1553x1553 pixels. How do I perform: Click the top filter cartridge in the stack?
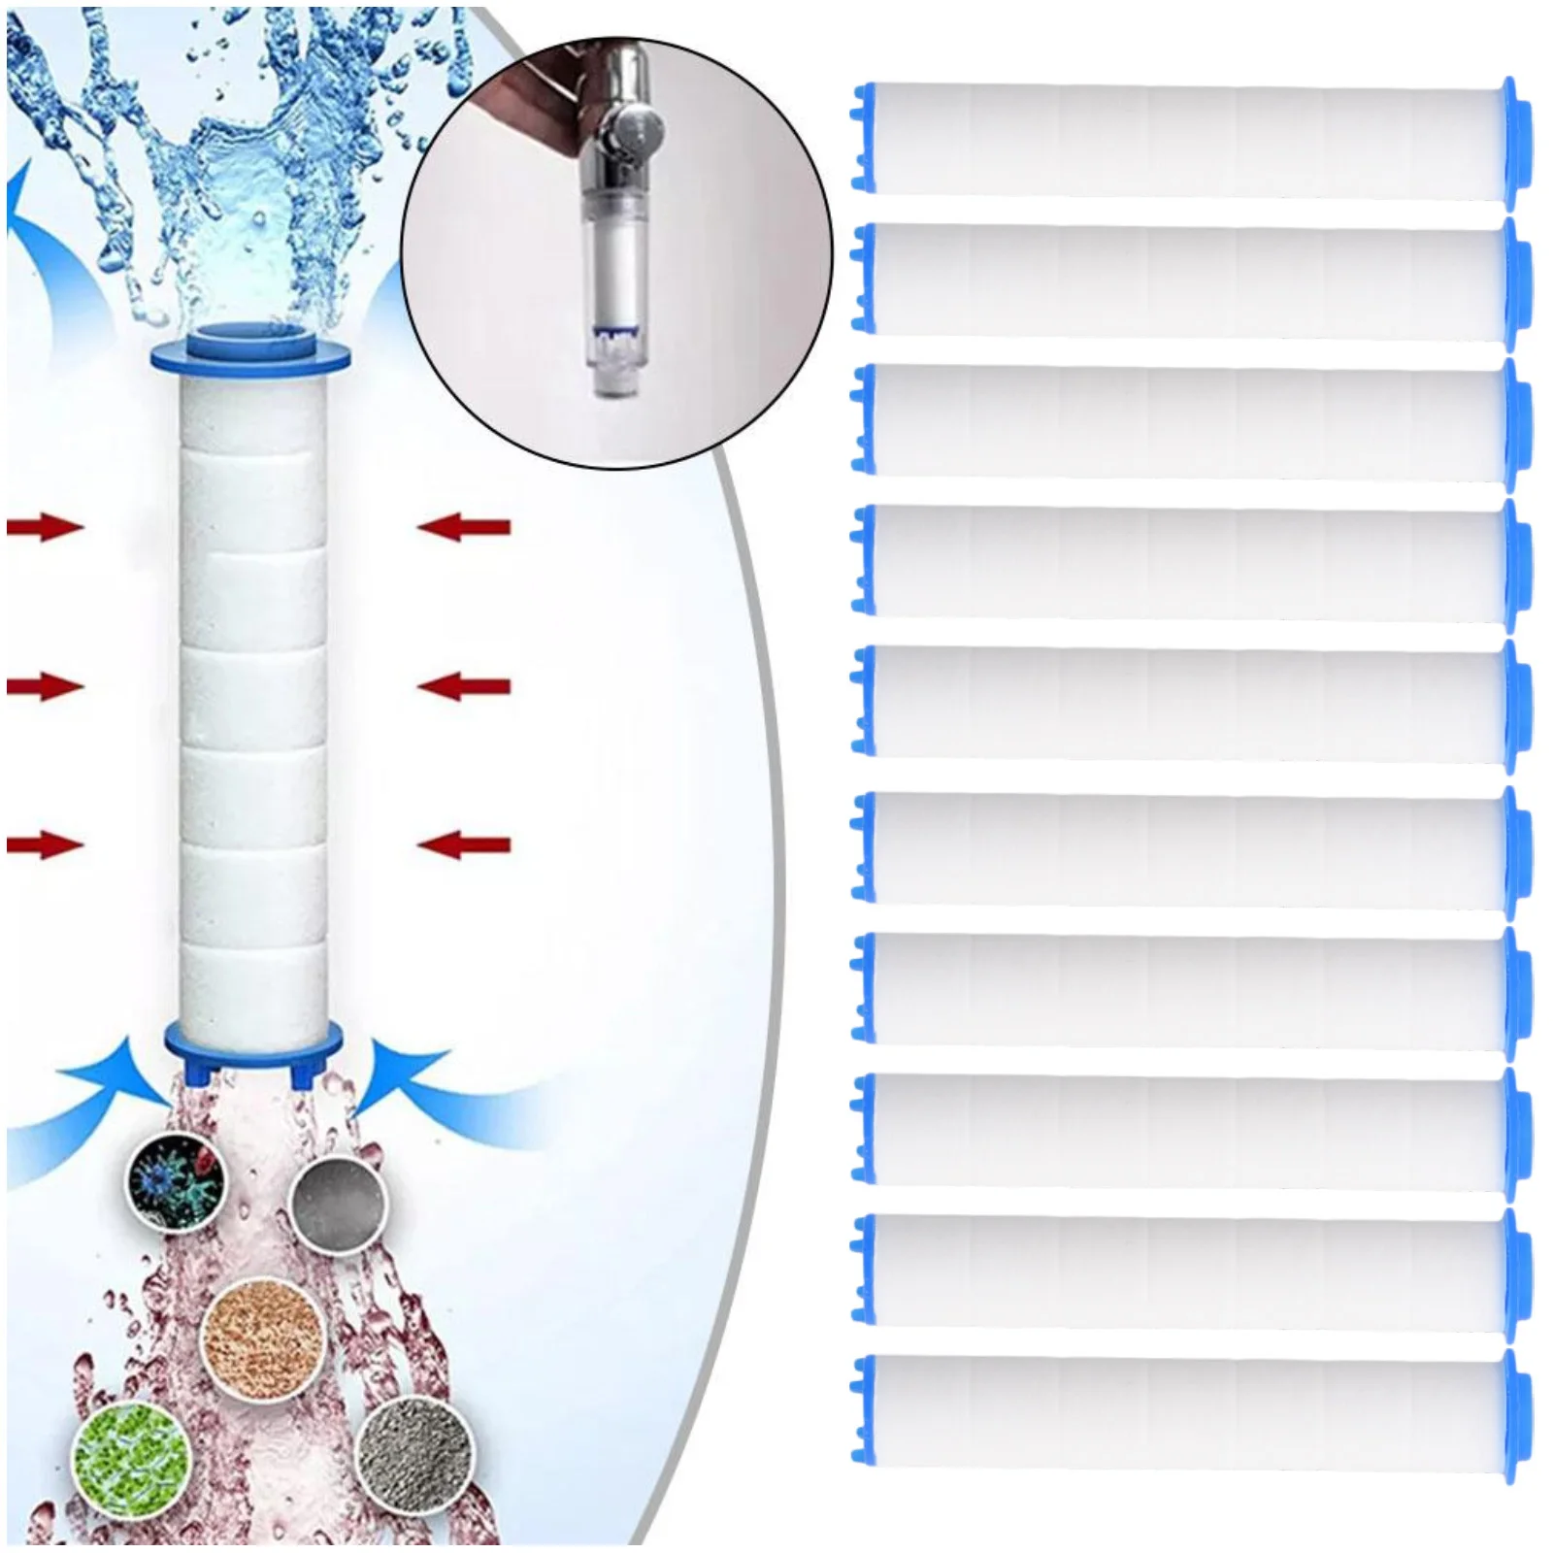(1189, 141)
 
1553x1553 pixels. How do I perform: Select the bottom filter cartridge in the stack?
(1189, 1412)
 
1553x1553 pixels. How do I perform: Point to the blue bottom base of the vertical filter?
(253, 1043)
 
